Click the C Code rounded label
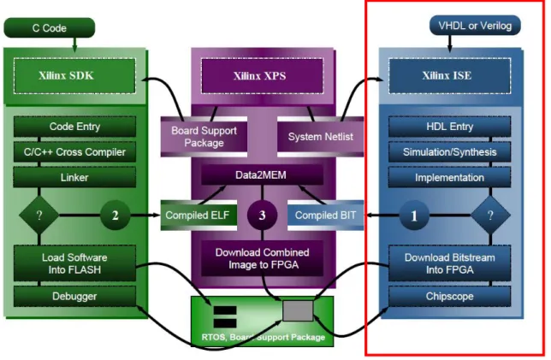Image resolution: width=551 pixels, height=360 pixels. (x=50, y=27)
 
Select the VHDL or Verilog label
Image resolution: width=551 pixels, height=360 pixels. (x=475, y=26)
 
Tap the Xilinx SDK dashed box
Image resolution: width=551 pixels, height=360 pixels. (x=74, y=76)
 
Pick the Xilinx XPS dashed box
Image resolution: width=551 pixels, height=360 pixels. (x=262, y=76)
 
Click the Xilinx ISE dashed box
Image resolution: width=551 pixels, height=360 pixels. (x=449, y=76)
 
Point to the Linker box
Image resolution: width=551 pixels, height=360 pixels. (x=74, y=177)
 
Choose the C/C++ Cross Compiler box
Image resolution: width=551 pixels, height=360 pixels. (x=74, y=151)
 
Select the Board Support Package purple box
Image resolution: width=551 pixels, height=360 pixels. (x=204, y=137)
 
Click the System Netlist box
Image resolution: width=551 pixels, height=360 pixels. (x=321, y=137)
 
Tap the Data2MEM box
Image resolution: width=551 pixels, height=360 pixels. (x=262, y=175)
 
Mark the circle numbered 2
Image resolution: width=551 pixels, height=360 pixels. (x=116, y=215)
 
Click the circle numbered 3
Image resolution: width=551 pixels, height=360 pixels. (x=262, y=215)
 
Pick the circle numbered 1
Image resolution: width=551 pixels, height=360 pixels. (x=414, y=215)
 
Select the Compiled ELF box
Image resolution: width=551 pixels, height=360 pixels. (x=198, y=215)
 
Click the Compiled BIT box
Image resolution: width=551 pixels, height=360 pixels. (x=326, y=215)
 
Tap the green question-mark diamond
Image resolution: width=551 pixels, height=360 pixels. (x=39, y=215)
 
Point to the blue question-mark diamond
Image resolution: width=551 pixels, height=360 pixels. (x=490, y=215)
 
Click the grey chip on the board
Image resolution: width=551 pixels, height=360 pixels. (x=298, y=310)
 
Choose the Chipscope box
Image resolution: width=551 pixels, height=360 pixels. (x=449, y=297)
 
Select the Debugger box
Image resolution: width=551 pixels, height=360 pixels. (x=74, y=297)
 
